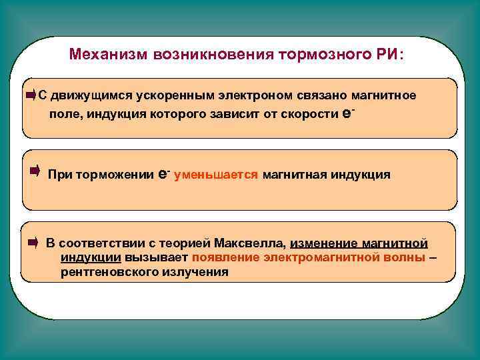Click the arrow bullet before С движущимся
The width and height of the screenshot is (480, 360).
(x=31, y=95)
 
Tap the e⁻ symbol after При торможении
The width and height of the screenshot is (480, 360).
(x=164, y=174)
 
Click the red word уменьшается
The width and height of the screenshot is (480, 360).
(x=216, y=175)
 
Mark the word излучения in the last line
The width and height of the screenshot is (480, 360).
(x=195, y=272)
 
